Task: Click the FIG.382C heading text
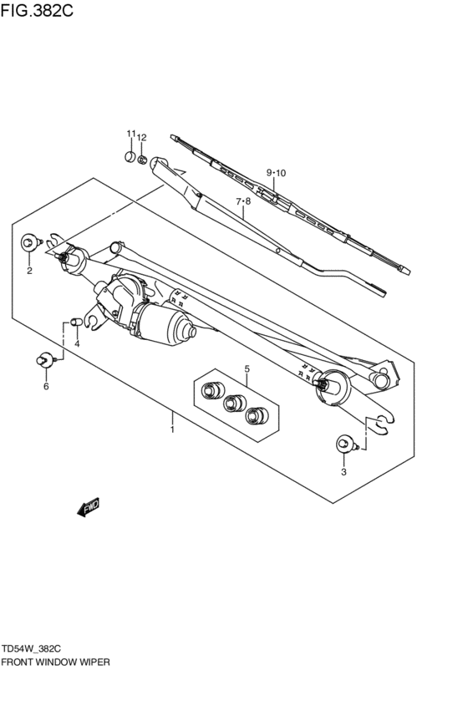pos(37,11)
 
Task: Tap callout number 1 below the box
pos(172,429)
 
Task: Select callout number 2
pos(29,271)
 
